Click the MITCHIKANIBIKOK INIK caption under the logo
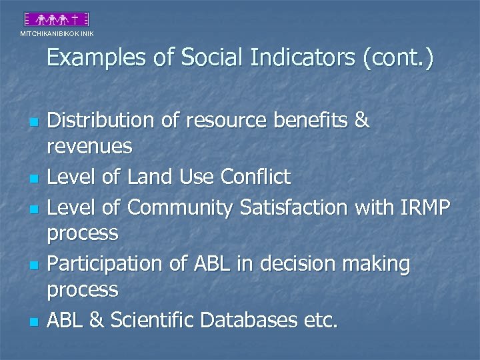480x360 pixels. pyautogui.click(x=57, y=33)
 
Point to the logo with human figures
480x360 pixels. pyautogui.click(x=57, y=19)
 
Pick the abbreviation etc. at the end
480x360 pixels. pyautogui.click(x=321, y=321)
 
